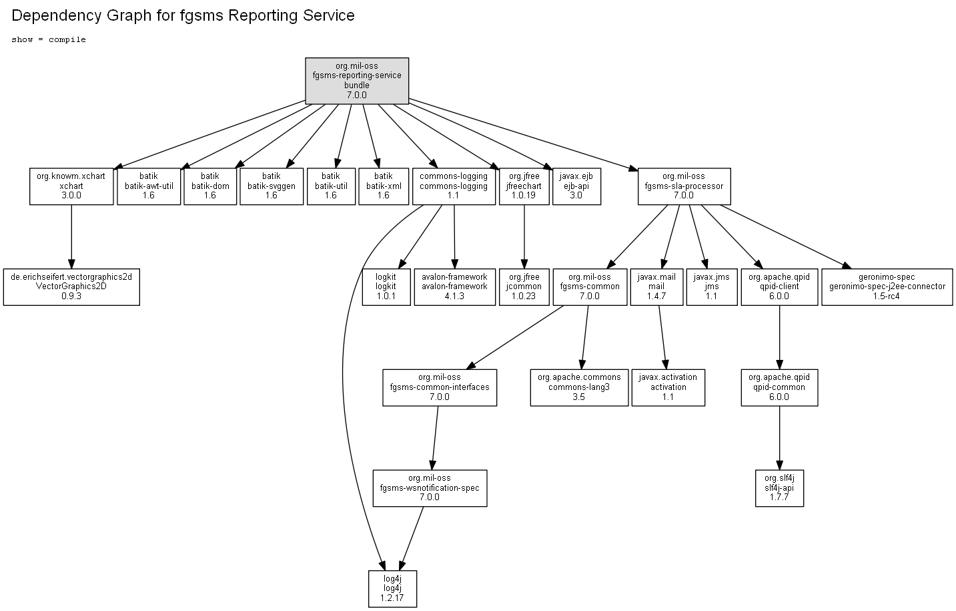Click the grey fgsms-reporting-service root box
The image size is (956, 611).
357,81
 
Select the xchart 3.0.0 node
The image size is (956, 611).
71,186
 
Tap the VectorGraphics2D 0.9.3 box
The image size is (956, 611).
71,286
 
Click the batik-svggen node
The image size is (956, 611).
272,186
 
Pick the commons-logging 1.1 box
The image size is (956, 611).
454,186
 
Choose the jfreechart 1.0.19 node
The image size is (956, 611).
524,186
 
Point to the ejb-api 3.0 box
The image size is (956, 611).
576,186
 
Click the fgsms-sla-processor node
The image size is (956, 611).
684,186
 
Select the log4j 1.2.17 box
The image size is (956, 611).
393,589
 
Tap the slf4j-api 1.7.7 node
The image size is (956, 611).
779,488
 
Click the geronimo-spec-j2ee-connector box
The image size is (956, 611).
887,286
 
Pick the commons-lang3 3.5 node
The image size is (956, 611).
579,387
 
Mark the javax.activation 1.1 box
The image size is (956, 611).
668,387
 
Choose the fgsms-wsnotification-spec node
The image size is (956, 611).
430,488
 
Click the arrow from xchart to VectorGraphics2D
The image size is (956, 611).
71,236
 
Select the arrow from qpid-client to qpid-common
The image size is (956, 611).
779,337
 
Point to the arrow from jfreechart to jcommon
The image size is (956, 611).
524,236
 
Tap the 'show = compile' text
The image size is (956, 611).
49,40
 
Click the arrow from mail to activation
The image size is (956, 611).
662,337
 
